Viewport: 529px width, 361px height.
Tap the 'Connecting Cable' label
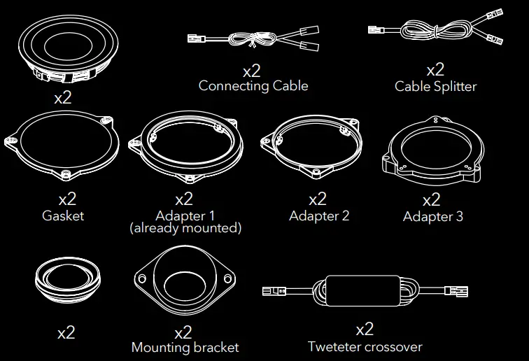click(253, 86)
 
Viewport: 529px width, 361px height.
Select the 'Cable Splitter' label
click(435, 87)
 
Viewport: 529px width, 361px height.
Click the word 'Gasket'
click(62, 215)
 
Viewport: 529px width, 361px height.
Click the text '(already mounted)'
click(185, 228)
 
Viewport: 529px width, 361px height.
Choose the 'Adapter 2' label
click(318, 215)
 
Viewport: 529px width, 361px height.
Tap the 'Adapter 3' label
click(432, 217)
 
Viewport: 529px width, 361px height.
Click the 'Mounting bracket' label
click(185, 347)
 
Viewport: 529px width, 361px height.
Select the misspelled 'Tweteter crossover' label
click(365, 346)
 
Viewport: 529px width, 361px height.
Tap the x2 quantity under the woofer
click(63, 97)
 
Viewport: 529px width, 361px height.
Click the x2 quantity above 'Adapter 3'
click(432, 200)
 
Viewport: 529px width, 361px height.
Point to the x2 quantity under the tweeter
click(66, 332)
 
